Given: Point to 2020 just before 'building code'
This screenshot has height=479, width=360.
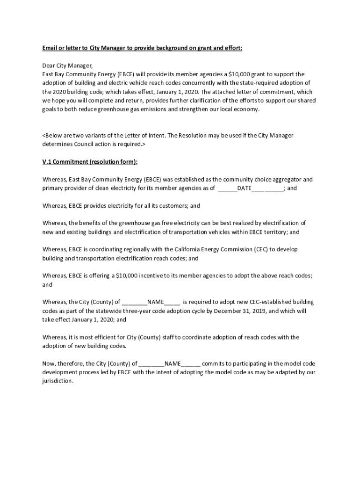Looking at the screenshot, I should coord(60,92).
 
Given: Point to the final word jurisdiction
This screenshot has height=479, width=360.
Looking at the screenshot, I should coord(58,381).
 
